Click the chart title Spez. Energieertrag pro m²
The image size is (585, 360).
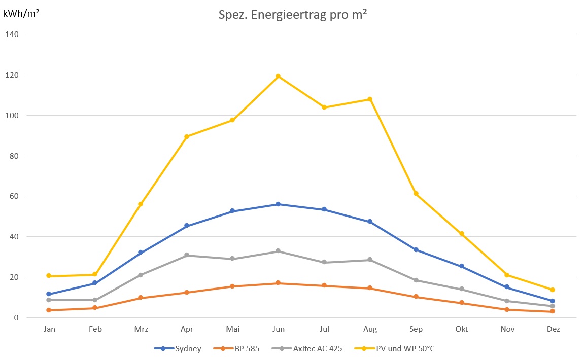point(292,16)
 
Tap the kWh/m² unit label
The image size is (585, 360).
point(21,13)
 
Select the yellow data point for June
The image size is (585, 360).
point(278,76)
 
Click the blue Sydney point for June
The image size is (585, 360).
point(278,204)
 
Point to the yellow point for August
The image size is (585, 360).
point(370,99)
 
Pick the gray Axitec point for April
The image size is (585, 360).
point(187,255)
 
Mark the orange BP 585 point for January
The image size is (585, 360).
point(49,310)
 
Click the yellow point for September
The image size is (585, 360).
point(416,194)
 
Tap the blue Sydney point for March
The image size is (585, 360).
point(141,253)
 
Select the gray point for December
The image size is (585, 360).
point(553,306)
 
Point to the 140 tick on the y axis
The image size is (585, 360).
point(12,34)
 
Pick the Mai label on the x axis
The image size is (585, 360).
point(233,329)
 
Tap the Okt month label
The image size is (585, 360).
point(462,329)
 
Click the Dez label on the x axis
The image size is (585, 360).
point(553,329)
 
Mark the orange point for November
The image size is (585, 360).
point(507,310)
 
